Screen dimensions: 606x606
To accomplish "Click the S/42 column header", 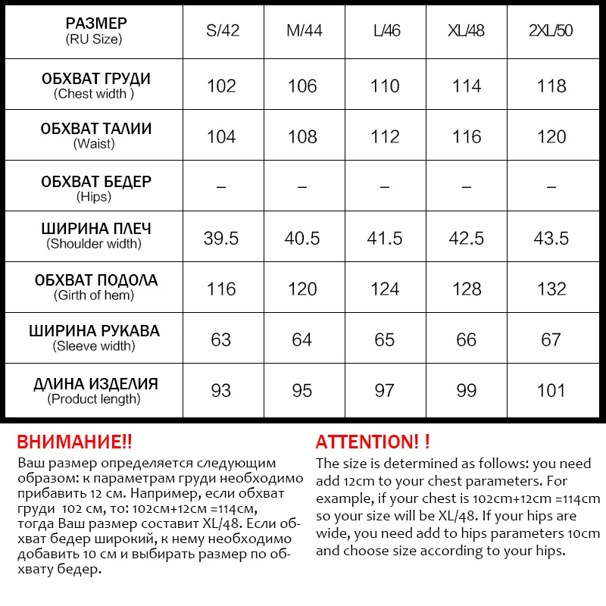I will (221, 31).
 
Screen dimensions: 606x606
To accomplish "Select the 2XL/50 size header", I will (551, 31).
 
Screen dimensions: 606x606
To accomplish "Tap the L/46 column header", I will (386, 31).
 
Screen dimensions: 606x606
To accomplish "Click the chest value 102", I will (221, 86).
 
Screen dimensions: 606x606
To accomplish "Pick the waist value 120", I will (551, 136).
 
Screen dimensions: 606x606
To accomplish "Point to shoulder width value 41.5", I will (385, 238).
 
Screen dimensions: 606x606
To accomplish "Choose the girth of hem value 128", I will (467, 289).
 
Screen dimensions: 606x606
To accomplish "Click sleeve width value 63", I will (221, 339).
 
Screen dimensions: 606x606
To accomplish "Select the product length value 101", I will (551, 390).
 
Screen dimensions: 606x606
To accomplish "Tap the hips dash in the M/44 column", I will (302, 186).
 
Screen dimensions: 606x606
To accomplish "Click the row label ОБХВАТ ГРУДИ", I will (95, 79).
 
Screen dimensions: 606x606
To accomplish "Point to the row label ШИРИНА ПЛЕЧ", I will (95, 229).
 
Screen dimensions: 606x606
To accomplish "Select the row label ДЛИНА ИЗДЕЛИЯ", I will (95, 384).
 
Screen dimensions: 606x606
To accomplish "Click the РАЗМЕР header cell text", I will (95, 23).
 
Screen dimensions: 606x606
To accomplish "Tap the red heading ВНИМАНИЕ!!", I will (74, 442).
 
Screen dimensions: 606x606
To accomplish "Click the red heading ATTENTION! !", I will (373, 442).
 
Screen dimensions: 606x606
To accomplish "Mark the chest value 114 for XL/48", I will (467, 86).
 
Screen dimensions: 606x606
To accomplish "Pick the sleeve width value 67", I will (551, 339).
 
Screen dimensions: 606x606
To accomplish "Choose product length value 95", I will (302, 390).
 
